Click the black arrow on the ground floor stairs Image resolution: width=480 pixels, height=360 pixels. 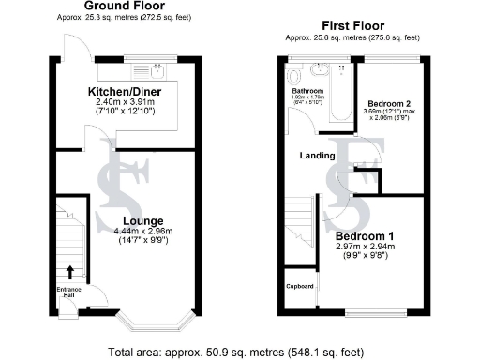click(x=69, y=273)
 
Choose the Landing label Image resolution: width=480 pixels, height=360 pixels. click(x=317, y=156)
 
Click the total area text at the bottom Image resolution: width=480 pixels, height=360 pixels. click(x=240, y=352)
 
